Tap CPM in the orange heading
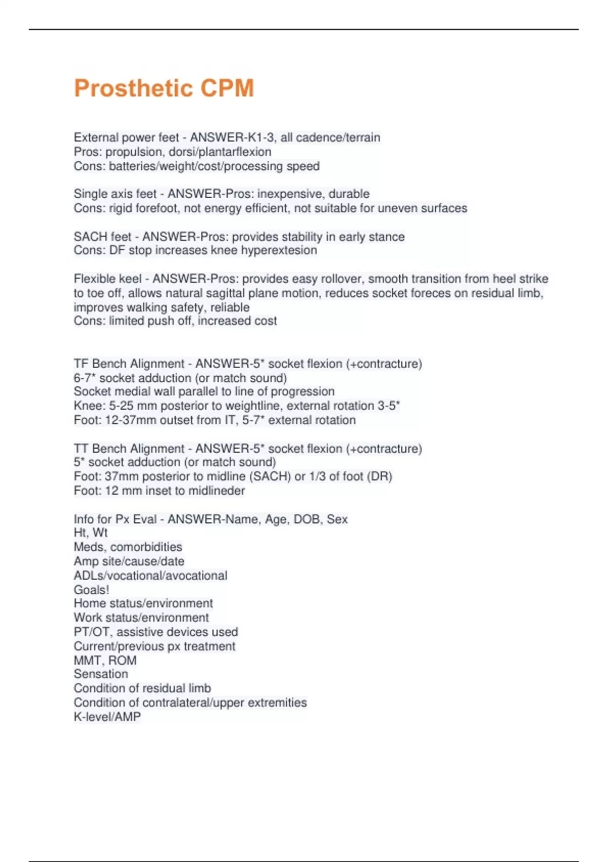click(x=227, y=88)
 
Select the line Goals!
click(x=92, y=590)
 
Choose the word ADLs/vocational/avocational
click(x=150, y=576)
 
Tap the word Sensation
click(x=101, y=674)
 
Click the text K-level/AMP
click(x=107, y=716)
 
